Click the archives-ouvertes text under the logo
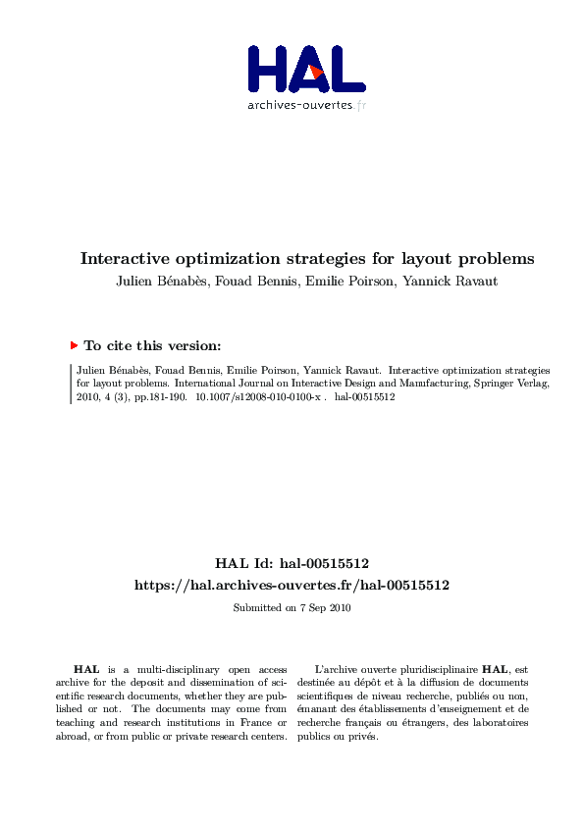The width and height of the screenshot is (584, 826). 299,105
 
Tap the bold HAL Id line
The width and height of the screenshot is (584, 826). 292,564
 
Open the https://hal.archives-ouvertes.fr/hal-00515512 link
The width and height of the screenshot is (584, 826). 292,585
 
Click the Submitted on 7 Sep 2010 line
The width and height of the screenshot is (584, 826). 292,607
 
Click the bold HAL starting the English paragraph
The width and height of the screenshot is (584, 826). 85,668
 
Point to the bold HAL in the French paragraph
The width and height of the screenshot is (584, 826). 494,668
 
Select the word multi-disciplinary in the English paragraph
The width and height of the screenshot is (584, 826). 171,668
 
